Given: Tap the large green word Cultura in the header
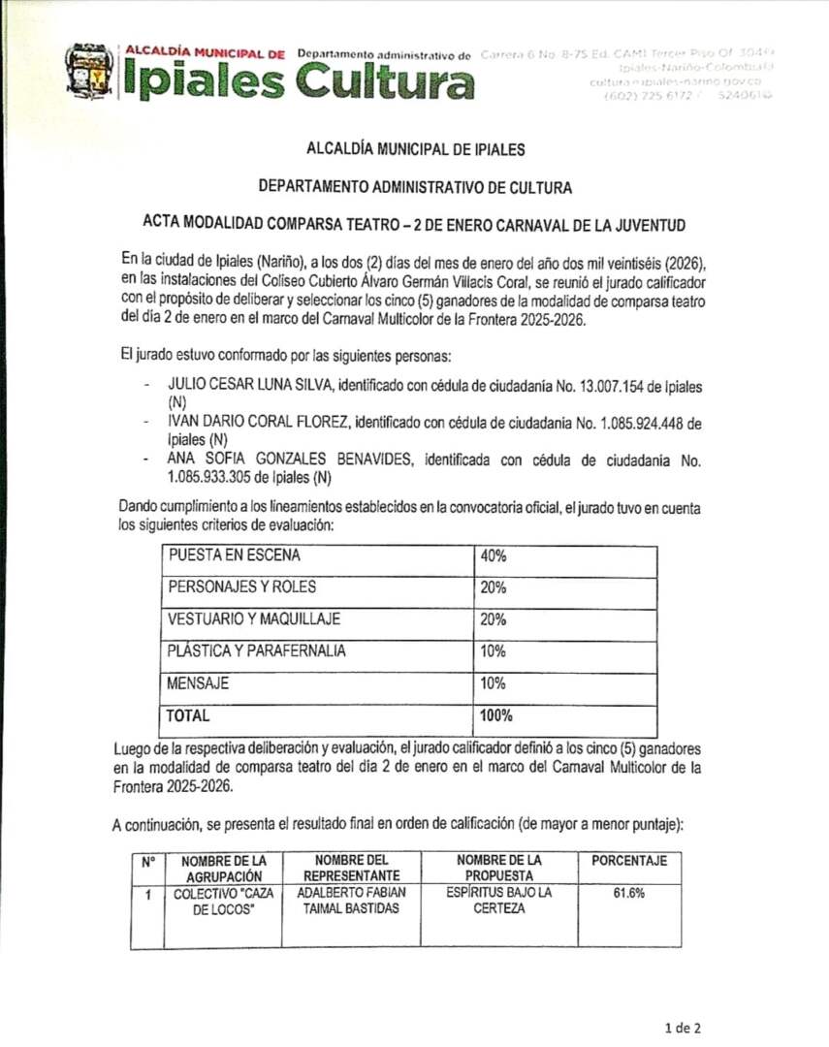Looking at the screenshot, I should [x=385, y=81].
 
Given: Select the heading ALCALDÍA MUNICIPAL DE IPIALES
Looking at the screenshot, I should [x=415, y=150].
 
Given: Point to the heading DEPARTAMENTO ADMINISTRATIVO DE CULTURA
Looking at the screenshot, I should [x=415, y=187].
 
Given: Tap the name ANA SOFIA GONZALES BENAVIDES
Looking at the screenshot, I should [x=290, y=460].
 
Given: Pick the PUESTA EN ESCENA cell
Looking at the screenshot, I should [x=235, y=555].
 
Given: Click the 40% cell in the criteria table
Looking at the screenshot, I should [x=494, y=556].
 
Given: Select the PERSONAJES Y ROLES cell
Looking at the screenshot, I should [x=242, y=587].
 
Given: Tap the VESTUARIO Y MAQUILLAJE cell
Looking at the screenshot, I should [x=254, y=619].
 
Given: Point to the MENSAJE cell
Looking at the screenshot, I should [x=199, y=682].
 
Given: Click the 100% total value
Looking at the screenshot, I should [x=496, y=716].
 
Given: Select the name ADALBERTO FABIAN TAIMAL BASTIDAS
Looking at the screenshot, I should [x=351, y=901].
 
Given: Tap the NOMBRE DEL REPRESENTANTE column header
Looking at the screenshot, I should [x=351, y=867].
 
